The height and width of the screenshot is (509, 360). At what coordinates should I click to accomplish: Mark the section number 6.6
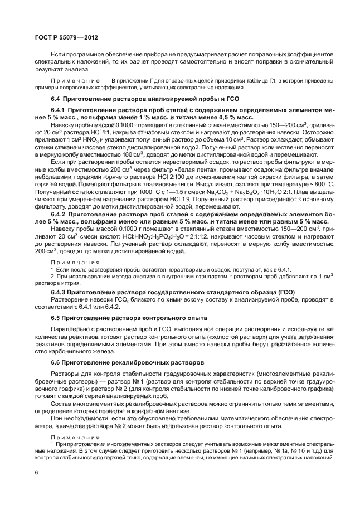pos(56,362)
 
